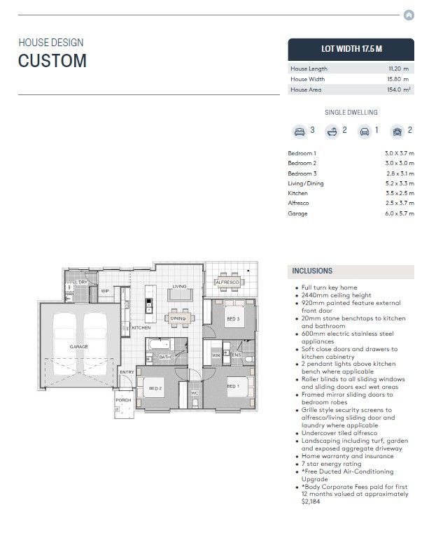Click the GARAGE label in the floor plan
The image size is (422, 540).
coord(79,346)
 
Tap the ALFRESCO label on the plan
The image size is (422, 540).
coord(227,282)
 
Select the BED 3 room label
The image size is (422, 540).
coord(233,319)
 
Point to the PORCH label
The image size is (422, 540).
coord(123,400)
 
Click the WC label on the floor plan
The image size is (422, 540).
coord(195,393)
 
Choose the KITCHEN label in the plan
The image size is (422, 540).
coord(141,327)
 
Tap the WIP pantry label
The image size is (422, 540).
coord(105,291)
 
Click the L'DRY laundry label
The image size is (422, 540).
coord(82,282)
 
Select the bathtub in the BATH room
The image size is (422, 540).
coord(160,344)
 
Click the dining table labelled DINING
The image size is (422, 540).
coord(178,318)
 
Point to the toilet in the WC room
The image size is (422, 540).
coord(195,403)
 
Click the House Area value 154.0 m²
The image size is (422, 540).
coord(399,90)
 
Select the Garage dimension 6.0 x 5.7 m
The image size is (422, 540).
coord(400,213)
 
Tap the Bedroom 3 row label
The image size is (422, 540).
coord(302,173)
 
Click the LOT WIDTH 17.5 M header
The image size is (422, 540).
coord(351,49)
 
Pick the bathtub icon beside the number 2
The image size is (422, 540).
coord(332,132)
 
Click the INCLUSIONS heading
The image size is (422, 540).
coord(312,271)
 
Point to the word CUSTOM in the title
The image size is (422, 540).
coord(52,61)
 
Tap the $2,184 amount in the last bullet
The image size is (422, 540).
coord(311,502)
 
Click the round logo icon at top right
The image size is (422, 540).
coord(409,15)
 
